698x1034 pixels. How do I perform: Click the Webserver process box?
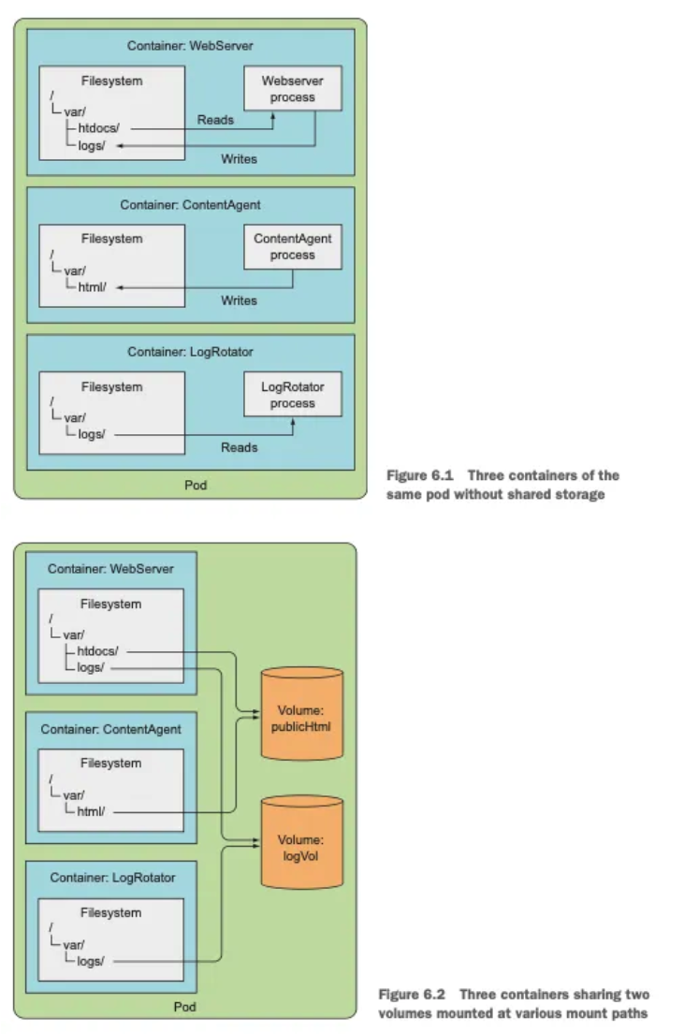click(292, 89)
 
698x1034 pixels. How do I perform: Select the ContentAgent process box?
click(292, 247)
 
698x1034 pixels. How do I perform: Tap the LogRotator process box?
click(292, 395)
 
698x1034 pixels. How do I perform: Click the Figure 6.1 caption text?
click(502, 485)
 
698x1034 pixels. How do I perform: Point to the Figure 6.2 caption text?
click(513, 1003)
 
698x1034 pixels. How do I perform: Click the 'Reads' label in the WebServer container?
click(215, 120)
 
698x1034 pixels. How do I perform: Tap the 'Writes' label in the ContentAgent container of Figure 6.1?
click(239, 300)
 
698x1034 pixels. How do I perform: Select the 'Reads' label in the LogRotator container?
click(239, 447)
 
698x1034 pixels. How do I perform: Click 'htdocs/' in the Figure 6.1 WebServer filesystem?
click(98, 128)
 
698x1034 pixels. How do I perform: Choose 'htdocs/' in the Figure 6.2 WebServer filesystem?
click(98, 650)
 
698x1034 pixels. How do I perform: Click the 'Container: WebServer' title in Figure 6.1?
click(190, 46)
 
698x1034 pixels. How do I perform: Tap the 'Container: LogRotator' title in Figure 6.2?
click(111, 877)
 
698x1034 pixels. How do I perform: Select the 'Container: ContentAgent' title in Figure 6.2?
click(110, 729)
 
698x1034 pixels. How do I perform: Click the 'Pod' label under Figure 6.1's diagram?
click(196, 485)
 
